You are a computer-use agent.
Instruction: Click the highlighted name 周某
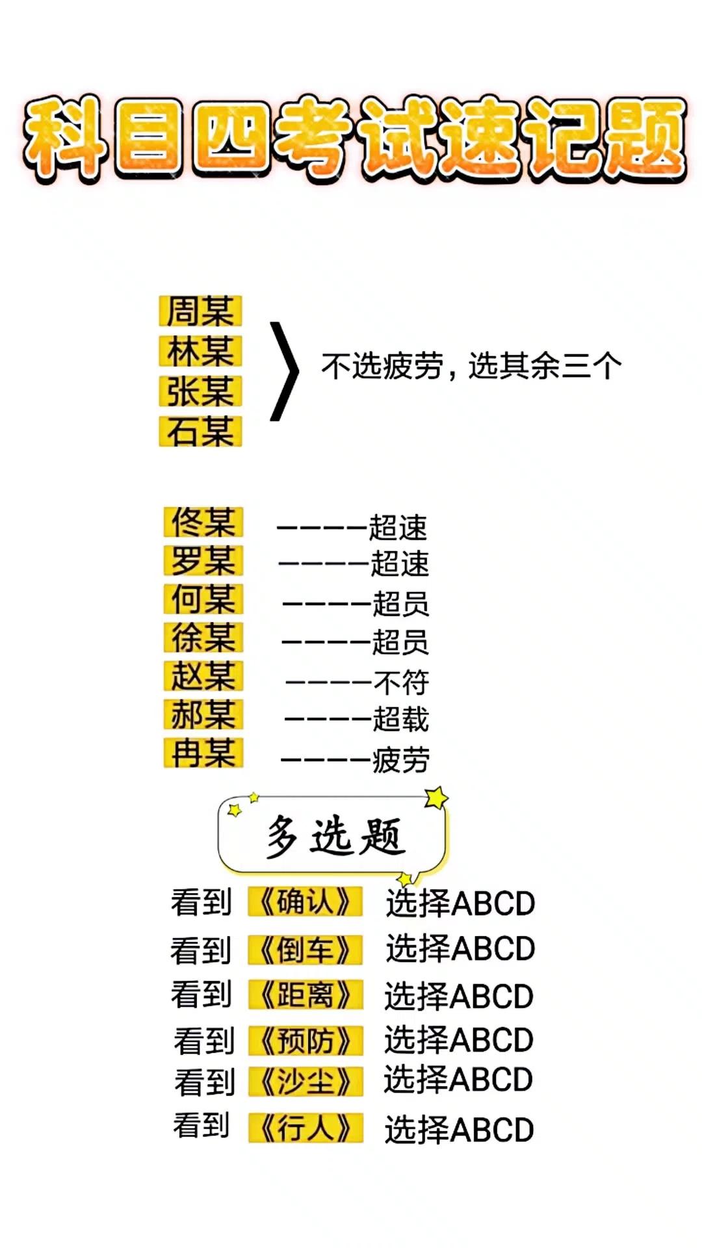200,311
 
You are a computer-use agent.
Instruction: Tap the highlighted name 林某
200,351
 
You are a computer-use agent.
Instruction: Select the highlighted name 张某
200,391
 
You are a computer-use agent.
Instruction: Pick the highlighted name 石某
200,431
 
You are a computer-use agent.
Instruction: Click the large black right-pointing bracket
285,371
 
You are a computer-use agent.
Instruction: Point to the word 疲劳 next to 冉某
400,760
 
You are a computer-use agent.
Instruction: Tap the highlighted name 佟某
203,522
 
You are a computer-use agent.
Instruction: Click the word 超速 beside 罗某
400,564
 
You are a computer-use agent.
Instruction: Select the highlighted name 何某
203,599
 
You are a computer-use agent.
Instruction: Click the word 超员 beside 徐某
400,642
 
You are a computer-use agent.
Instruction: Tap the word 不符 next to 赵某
401,682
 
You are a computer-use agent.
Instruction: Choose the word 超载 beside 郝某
400,720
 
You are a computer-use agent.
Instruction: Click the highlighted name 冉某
203,753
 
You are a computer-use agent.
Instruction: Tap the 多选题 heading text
335,836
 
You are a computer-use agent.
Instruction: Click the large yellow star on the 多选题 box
436,798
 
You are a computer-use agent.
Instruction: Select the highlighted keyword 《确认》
305,902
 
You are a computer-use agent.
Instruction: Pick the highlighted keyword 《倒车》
305,950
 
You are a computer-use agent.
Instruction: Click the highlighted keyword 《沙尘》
305,1082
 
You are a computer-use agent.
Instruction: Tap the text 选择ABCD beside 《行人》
459,1130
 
